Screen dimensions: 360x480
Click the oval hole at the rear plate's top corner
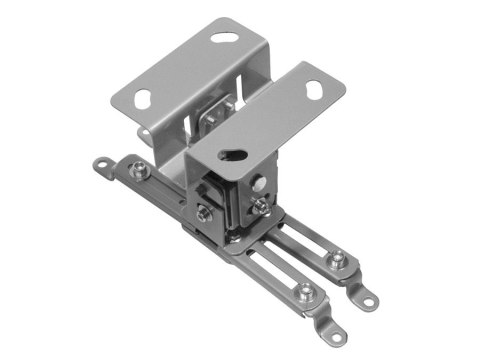(227, 38)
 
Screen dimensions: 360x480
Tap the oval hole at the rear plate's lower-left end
(142, 98)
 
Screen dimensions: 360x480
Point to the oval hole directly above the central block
(233, 155)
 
